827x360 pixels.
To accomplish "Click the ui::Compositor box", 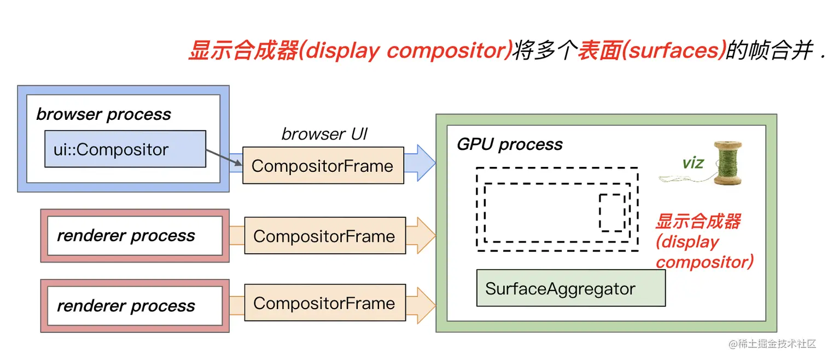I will (125, 149).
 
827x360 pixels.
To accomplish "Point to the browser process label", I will (103, 114).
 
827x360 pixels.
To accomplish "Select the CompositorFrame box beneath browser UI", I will (323, 166).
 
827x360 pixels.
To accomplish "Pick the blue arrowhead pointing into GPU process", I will (426, 162).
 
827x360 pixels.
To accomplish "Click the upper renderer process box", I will (135, 236).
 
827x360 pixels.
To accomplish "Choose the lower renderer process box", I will (135, 306).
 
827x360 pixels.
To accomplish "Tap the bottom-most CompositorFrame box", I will (324, 304).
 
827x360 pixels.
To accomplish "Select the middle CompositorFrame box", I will (324, 236).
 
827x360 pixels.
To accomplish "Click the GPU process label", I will (509, 144).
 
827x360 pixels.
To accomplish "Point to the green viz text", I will (693, 162).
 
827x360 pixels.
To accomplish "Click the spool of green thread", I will (727, 162).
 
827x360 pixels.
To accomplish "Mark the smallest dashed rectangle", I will (612, 212).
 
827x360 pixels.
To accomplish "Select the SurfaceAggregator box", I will (570, 288).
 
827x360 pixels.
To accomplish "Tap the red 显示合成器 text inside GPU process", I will (698, 222).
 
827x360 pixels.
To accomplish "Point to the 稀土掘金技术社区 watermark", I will (772, 344).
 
